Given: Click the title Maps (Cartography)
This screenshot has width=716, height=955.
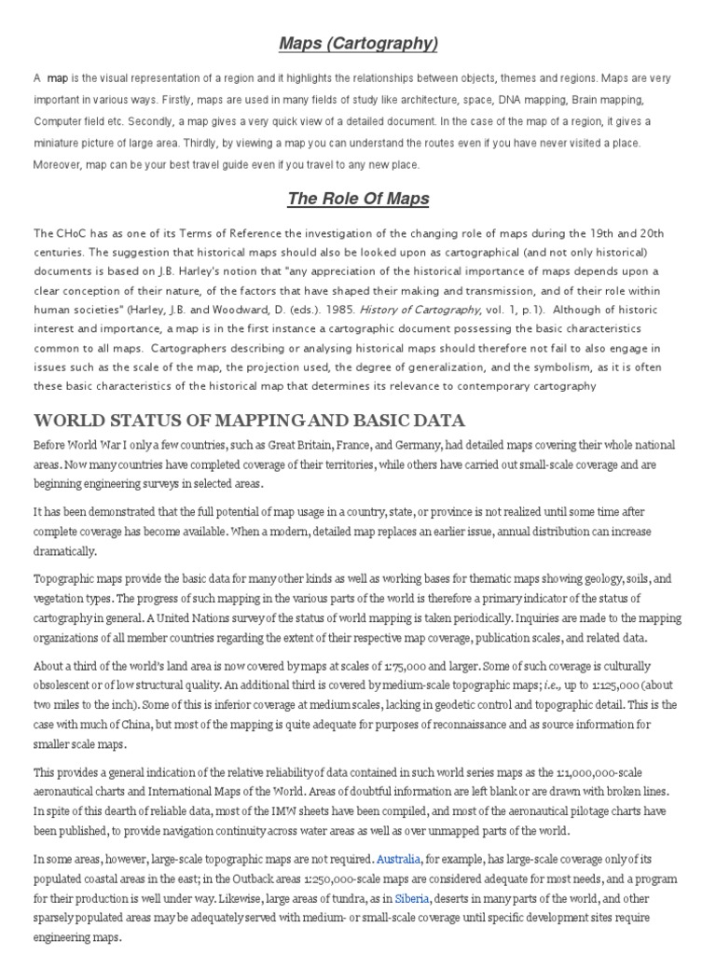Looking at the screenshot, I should click(358, 44).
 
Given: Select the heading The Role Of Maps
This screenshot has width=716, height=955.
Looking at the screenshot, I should click(358, 199).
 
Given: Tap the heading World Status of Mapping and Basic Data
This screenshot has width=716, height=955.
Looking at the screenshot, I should click(249, 420).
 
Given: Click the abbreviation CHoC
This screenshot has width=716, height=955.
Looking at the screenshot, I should click(72, 233).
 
